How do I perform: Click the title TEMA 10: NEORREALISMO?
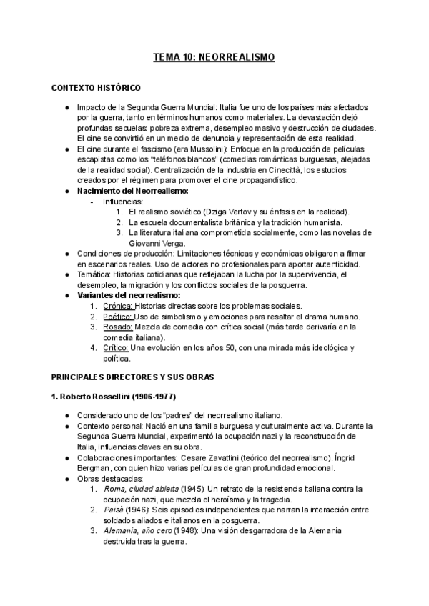214,56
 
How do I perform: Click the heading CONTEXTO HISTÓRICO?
96,88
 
